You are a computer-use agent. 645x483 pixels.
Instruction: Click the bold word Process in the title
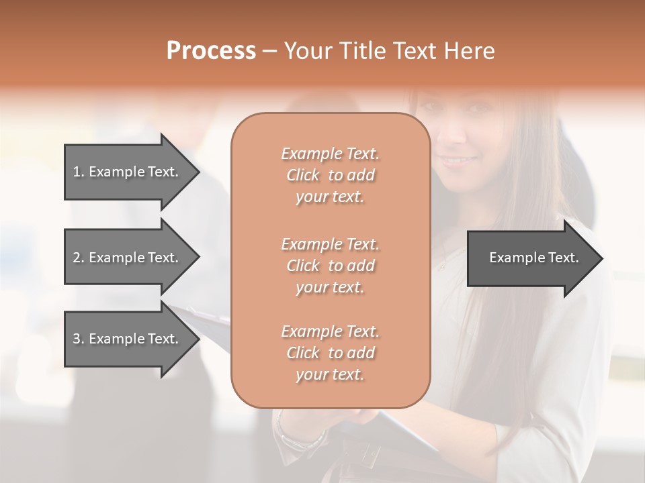click(211, 51)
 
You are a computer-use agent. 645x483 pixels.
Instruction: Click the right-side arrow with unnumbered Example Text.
click(531, 258)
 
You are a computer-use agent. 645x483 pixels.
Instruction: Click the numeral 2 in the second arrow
click(77, 258)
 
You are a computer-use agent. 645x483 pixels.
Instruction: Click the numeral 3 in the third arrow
click(77, 339)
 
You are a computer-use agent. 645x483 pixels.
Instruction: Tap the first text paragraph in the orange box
click(330, 175)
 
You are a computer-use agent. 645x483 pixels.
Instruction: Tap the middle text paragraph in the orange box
click(330, 265)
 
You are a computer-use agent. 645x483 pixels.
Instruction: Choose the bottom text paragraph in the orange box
click(330, 353)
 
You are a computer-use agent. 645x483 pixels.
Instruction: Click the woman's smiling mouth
click(459, 160)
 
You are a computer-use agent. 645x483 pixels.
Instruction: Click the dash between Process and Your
click(270, 52)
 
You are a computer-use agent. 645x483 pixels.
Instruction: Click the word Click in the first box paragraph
click(303, 176)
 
